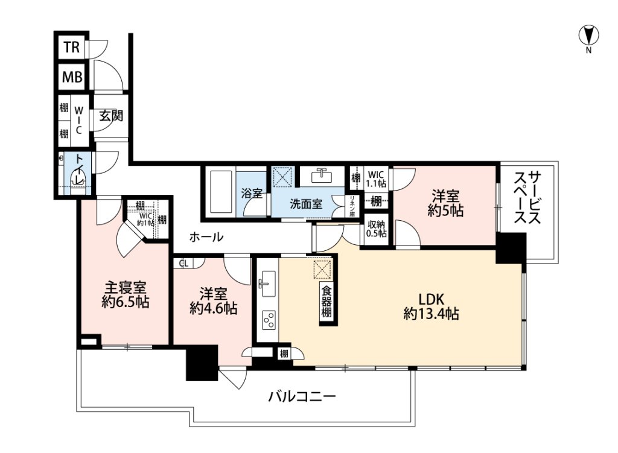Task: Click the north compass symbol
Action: coord(588,36)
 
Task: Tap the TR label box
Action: coord(71,47)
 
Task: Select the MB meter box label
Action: coord(72,77)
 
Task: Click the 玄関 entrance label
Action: coord(111,115)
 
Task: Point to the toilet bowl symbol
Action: coord(80,180)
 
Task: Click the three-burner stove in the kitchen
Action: coord(269,320)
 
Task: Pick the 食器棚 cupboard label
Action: coord(327,303)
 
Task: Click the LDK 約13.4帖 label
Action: coord(431,306)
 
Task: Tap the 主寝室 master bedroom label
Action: coord(125,294)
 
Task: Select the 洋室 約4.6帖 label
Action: coord(213,301)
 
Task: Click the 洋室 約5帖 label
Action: coord(445,203)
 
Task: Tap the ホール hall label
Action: coord(206,236)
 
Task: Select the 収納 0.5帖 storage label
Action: coord(377,229)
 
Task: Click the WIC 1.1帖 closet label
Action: coord(377,179)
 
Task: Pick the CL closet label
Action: coord(183,264)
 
